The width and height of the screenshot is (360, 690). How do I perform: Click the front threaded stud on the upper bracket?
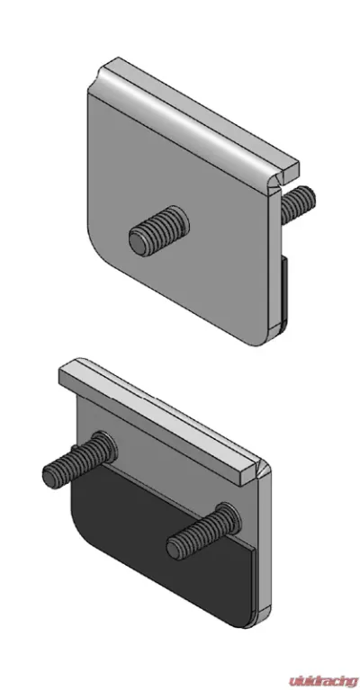(x=159, y=230)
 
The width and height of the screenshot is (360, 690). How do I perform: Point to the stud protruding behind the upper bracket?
(x=298, y=203)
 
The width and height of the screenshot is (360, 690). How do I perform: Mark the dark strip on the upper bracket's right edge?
(x=283, y=292)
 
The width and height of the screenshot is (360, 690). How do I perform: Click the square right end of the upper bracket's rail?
(x=291, y=172)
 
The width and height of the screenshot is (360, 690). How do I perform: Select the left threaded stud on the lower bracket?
(x=80, y=459)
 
